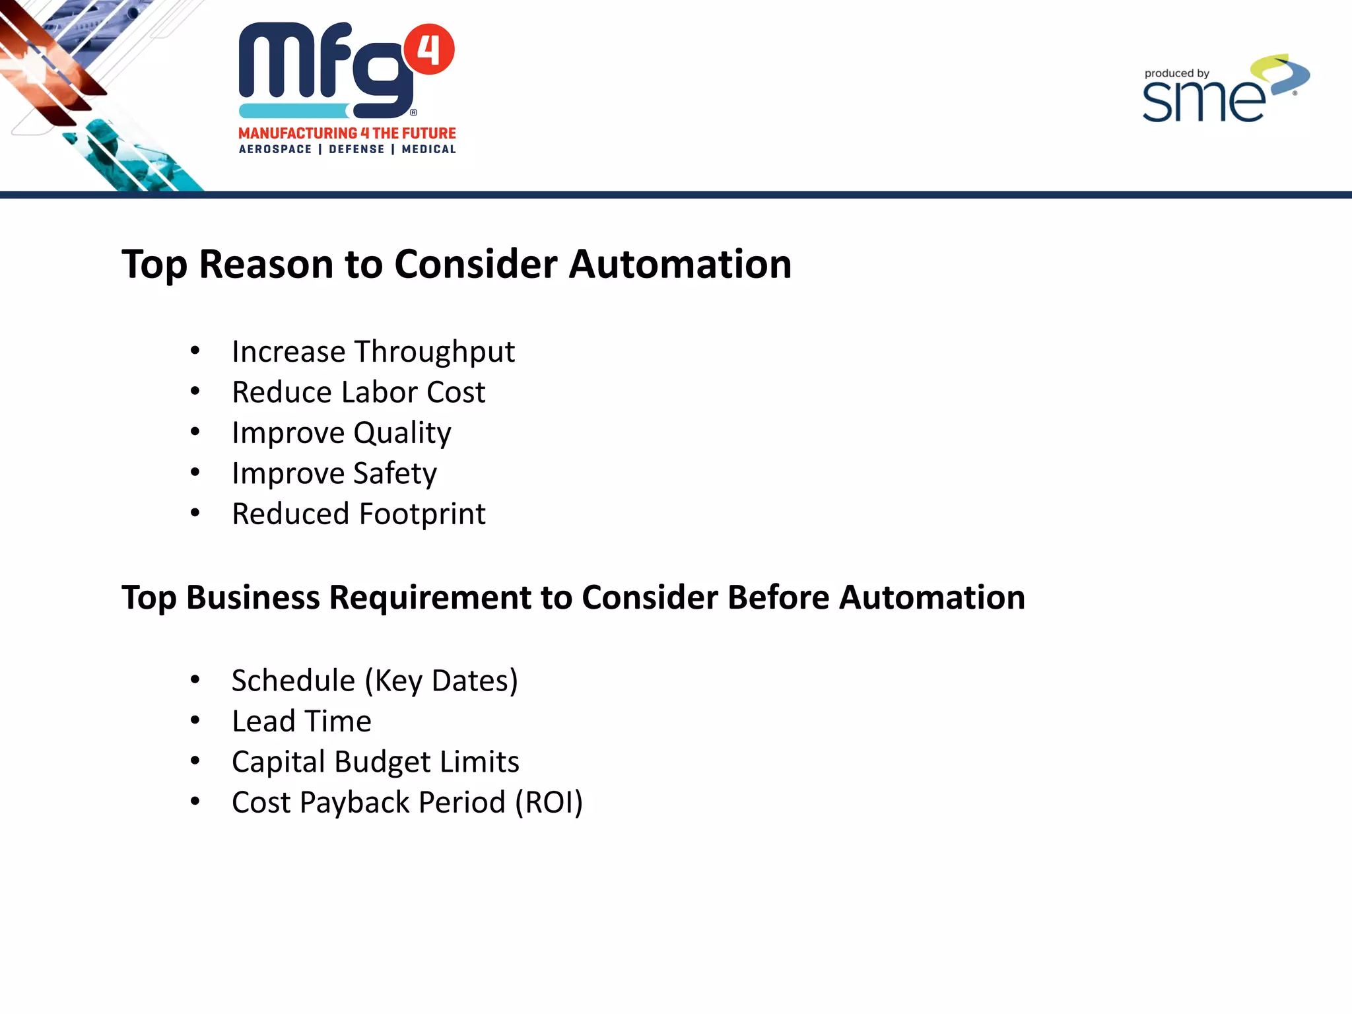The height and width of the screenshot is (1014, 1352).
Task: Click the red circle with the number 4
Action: pyautogui.click(x=428, y=49)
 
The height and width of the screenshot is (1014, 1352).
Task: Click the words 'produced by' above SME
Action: pyautogui.click(x=1176, y=73)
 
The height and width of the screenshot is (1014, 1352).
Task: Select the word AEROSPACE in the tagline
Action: pyautogui.click(x=275, y=149)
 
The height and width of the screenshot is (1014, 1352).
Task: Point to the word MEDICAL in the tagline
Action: pyautogui.click(x=429, y=149)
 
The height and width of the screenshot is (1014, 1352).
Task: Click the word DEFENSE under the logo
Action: pyautogui.click(x=356, y=149)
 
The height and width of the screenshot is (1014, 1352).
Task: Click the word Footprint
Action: pyautogui.click(x=422, y=514)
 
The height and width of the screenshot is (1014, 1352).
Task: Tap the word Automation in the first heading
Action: pyautogui.click(x=680, y=264)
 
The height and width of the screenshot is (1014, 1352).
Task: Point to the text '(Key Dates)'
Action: pyautogui.click(x=441, y=681)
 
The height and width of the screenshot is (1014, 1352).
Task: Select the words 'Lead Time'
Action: pyautogui.click(x=302, y=721)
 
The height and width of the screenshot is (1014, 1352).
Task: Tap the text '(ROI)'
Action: pyautogui.click(x=549, y=803)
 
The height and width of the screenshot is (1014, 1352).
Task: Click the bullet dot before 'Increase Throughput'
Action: pyautogui.click(x=195, y=351)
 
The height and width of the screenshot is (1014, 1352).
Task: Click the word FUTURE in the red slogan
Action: pyautogui.click(x=429, y=133)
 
